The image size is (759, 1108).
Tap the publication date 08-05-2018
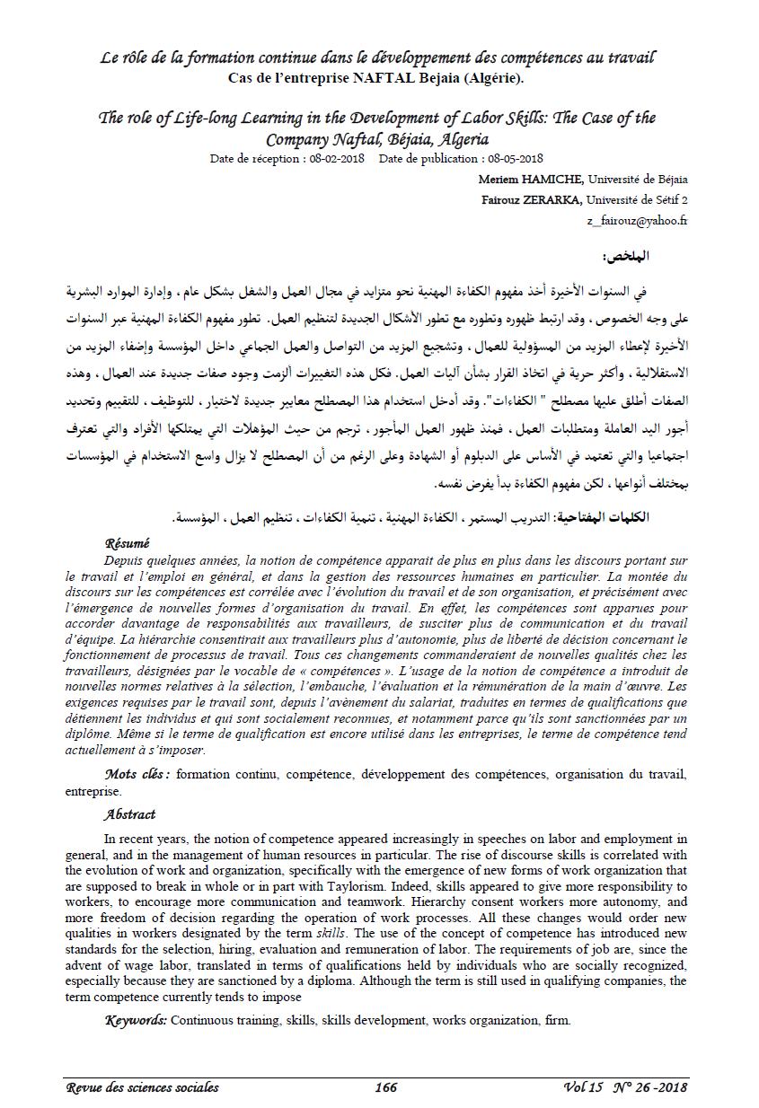tap(516, 158)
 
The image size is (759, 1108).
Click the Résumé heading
tap(127, 543)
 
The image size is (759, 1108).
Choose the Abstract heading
tap(129, 814)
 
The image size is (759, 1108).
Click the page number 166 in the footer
tap(386, 1087)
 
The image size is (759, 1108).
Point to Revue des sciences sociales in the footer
tap(142, 1087)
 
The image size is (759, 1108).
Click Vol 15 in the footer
tap(584, 1087)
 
